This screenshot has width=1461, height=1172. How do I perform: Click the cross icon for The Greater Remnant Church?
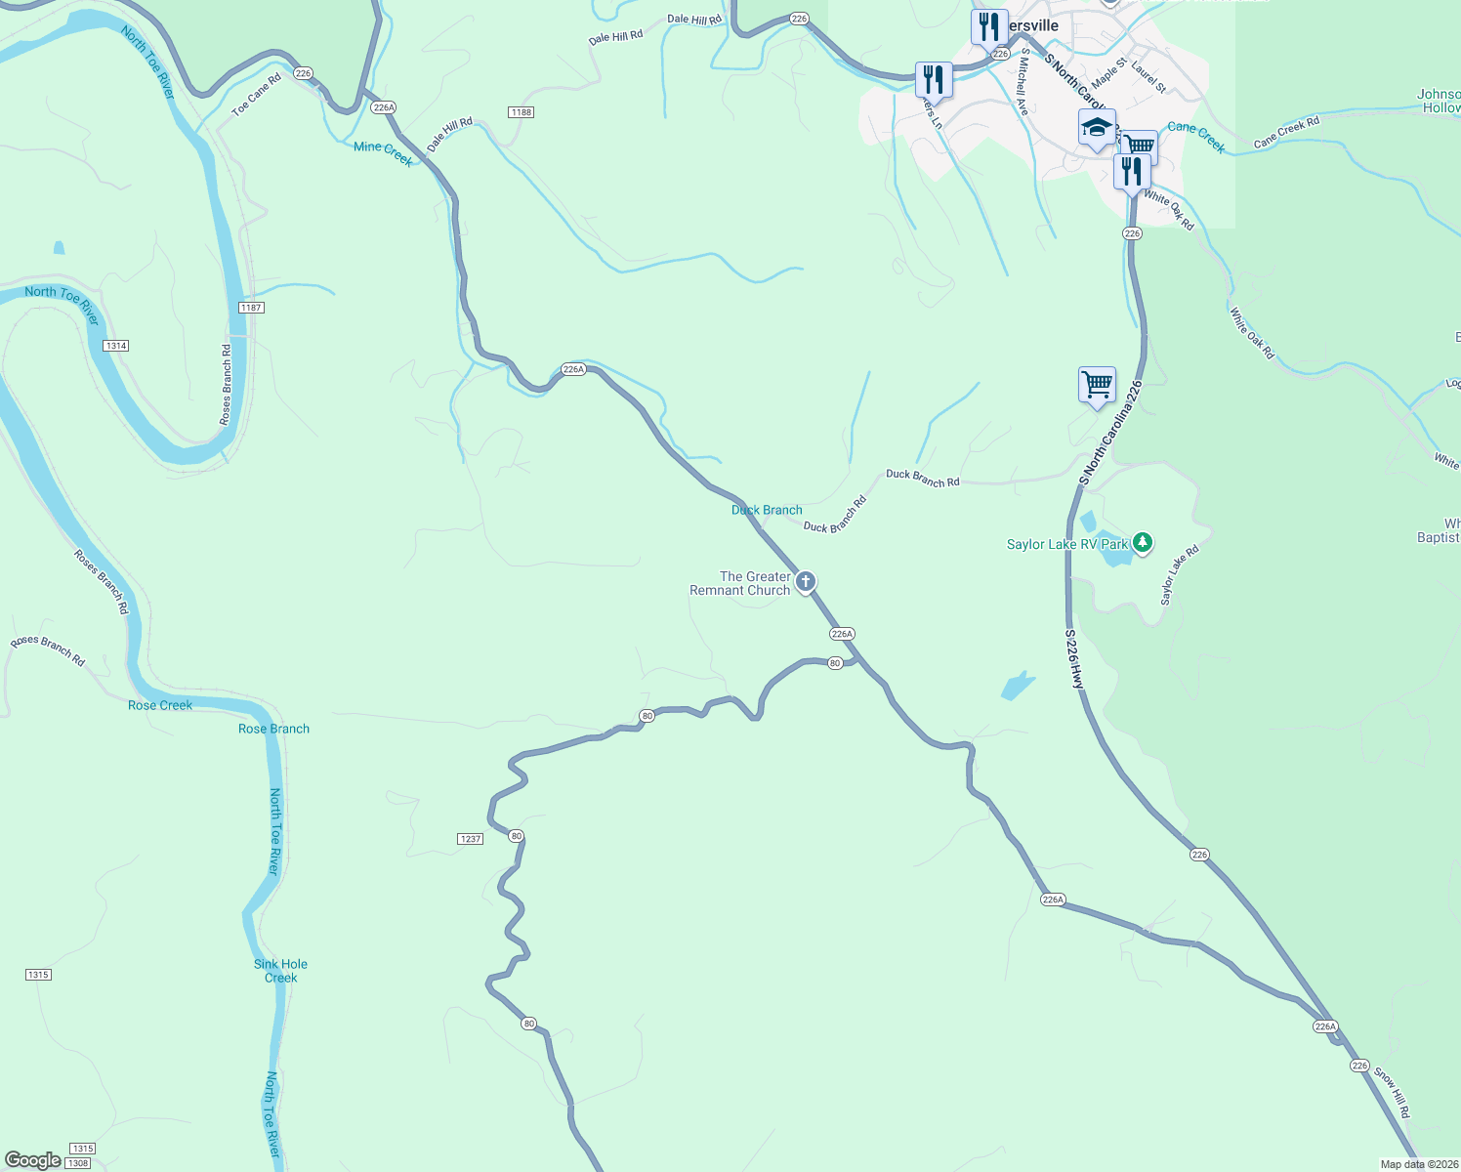pyautogui.click(x=806, y=583)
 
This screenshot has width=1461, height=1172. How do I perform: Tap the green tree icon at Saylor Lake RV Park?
pyautogui.click(x=1143, y=542)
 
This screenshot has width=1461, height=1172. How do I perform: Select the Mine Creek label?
pyautogui.click(x=383, y=153)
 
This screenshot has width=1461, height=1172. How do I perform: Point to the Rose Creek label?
pyautogui.click(x=160, y=705)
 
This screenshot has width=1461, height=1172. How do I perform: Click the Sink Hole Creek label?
pyautogui.click(x=280, y=971)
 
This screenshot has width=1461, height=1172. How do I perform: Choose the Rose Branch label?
pyautogui.click(x=273, y=729)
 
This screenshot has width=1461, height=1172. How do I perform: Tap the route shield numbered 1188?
pyautogui.click(x=521, y=112)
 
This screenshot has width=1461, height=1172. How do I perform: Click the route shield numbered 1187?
pyautogui.click(x=251, y=308)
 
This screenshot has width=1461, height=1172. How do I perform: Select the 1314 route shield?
pyautogui.click(x=115, y=346)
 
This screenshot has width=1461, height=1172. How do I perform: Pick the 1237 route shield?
pyautogui.click(x=470, y=839)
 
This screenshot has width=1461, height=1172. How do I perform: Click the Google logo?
pyautogui.click(x=32, y=1160)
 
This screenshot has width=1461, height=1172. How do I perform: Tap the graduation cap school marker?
pyautogui.click(x=1097, y=128)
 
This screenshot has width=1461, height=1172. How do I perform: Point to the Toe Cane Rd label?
pyautogui.click(x=256, y=95)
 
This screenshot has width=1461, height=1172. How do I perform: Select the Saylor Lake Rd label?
pyautogui.click(x=1179, y=575)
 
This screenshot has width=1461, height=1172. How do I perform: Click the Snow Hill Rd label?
pyautogui.click(x=1392, y=1093)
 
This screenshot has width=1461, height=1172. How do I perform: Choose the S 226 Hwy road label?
pyautogui.click(x=1074, y=659)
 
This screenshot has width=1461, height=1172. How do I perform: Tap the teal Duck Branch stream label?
pyautogui.click(x=767, y=510)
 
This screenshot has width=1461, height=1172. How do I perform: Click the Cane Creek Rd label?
pyautogui.click(x=1286, y=133)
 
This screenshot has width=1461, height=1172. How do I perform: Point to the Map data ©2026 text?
pyautogui.click(x=1417, y=1164)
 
